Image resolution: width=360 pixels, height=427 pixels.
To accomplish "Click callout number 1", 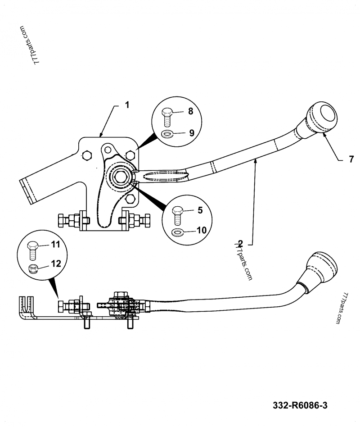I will pyautogui.click(x=127, y=105).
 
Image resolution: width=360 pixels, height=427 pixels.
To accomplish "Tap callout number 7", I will pyautogui.click(x=351, y=159).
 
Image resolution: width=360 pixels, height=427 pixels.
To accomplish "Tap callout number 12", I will pyautogui.click(x=55, y=264).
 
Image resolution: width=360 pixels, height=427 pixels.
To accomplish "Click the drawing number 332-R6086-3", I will pyautogui.click(x=300, y=405).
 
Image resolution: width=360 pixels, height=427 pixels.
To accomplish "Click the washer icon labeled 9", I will pyautogui.click(x=168, y=134).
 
